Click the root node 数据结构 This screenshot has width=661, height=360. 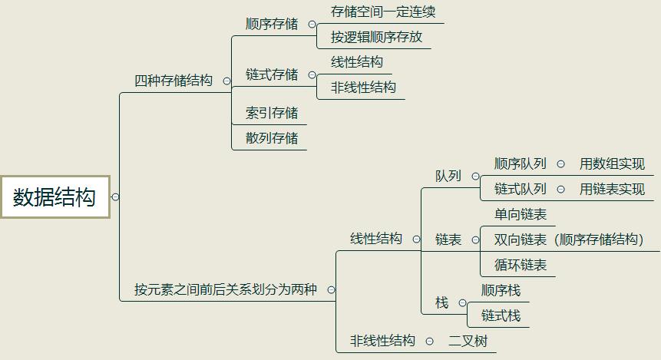(55, 197)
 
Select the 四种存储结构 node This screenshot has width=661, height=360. (174, 81)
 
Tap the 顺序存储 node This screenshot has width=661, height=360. (272, 25)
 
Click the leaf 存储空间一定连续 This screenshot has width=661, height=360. (377, 12)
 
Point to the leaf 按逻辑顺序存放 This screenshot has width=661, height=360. (376, 37)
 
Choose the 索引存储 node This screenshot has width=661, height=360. (272, 114)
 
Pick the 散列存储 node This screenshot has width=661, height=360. (272, 138)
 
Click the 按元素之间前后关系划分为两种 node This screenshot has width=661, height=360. (226, 290)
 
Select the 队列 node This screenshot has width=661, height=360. (448, 176)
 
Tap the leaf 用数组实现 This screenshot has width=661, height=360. (612, 163)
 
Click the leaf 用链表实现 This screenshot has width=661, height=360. (612, 189)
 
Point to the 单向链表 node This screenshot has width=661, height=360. (521, 215)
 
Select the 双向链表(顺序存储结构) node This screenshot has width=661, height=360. (569, 239)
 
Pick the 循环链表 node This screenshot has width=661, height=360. (521, 265)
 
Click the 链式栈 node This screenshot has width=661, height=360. (501, 315)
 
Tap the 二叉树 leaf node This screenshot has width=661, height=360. (468, 341)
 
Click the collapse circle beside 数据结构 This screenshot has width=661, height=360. (115, 197)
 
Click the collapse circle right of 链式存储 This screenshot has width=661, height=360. (312, 75)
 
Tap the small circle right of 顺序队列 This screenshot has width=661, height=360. (560, 163)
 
